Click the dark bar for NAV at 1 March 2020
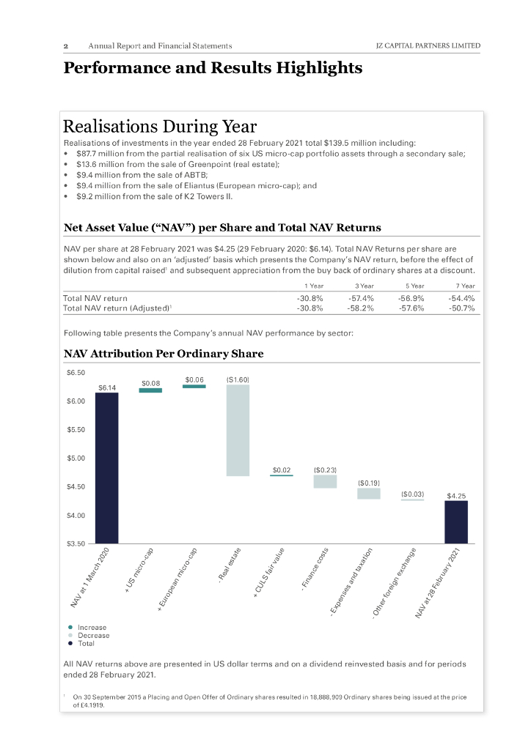(106, 468)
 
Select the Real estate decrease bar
(238, 430)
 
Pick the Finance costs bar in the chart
(325, 481)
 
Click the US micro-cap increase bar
(150, 390)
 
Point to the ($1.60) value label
(238, 379)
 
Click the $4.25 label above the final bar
(456, 496)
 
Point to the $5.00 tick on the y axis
(76, 458)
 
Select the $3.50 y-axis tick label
(76, 544)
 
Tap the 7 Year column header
(464, 286)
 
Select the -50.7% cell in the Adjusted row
(462, 308)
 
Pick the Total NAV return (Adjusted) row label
(118, 308)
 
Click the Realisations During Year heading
(160, 127)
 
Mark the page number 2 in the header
(66, 46)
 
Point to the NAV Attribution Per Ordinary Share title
(164, 354)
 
